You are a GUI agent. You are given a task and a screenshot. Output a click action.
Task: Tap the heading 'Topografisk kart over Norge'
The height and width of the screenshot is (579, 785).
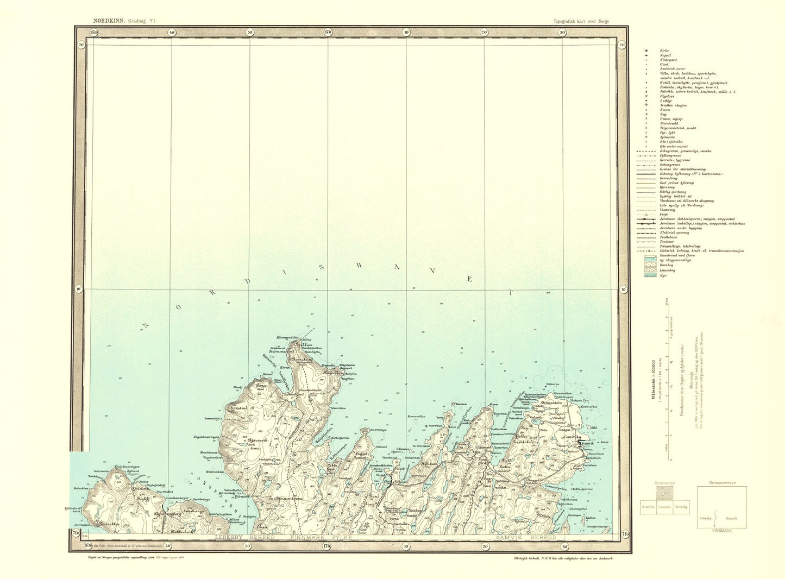581,21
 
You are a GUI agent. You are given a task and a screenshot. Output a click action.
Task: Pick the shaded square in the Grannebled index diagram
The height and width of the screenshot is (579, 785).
663,495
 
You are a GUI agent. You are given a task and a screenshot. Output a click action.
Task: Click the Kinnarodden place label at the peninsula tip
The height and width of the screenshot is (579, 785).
288,337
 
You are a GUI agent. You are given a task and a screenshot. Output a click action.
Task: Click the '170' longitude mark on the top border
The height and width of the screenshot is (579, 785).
328,33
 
